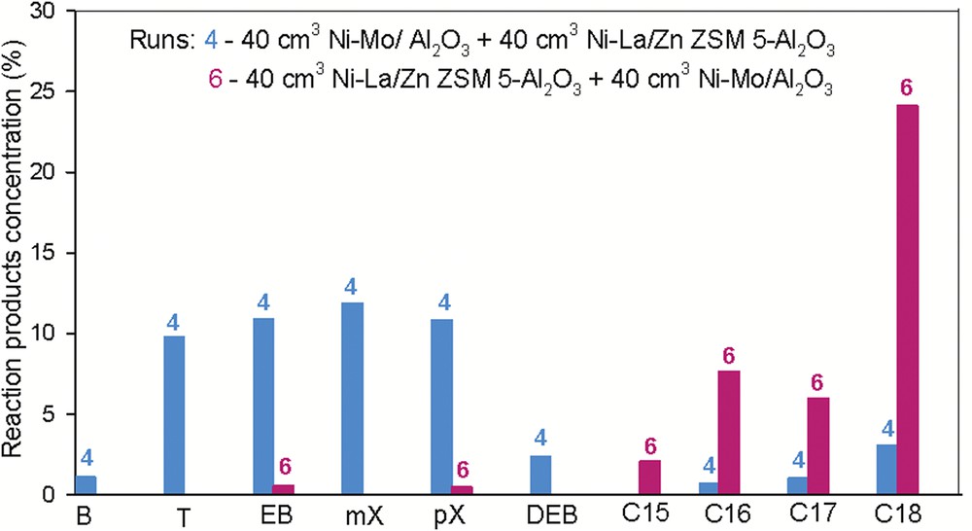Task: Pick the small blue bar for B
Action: pyautogui.click(x=87, y=484)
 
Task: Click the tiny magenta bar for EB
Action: pyautogui.click(x=284, y=489)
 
